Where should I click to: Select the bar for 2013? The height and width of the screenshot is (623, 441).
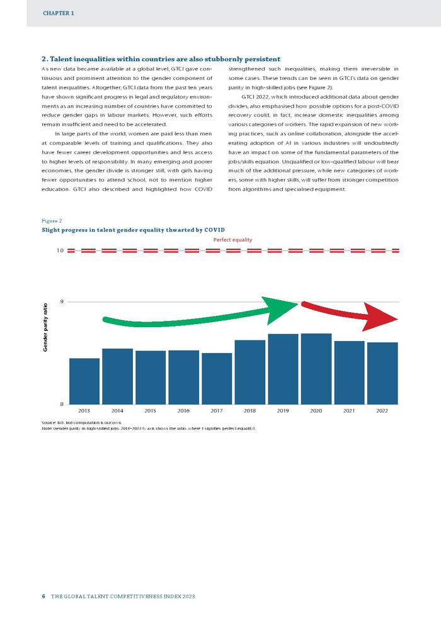click(84, 381)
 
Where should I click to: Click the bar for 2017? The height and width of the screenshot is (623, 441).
click(217, 378)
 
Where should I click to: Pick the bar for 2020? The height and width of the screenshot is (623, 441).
click(316, 368)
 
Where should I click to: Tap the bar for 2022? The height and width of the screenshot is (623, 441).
click(382, 373)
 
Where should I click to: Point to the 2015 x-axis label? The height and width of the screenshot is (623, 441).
click(151, 410)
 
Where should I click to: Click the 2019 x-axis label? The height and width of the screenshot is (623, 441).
click(283, 410)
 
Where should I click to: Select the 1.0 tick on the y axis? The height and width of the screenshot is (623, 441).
click(60, 250)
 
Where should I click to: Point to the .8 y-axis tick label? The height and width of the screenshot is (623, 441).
click(61, 404)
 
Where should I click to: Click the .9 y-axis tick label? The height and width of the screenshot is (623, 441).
click(61, 302)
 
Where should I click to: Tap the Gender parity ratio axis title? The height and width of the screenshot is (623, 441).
click(45, 327)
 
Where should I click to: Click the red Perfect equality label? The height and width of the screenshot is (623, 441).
click(232, 240)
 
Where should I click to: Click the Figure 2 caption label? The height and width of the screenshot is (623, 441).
click(52, 221)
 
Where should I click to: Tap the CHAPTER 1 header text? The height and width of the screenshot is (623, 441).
click(59, 13)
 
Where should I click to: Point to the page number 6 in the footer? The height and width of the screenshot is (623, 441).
click(43, 595)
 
